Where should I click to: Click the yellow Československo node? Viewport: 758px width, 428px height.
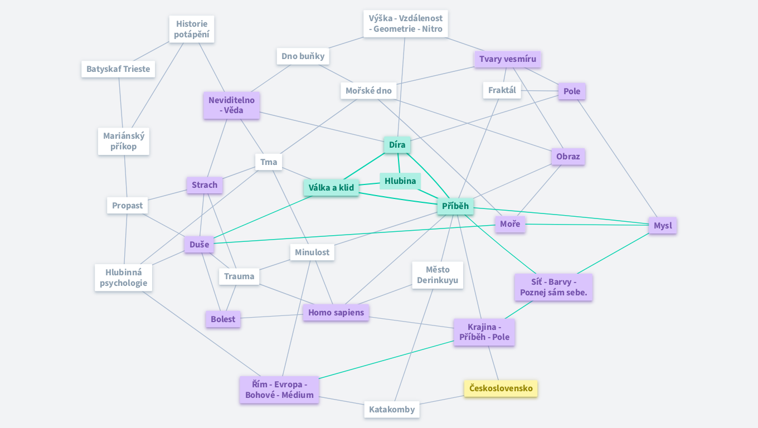pos(501,388)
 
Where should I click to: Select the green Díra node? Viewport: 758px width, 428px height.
pos(397,145)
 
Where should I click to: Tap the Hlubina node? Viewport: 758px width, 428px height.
pos(400,181)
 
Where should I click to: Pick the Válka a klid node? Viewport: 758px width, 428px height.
pos(331,188)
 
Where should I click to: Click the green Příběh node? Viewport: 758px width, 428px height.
pos(455,206)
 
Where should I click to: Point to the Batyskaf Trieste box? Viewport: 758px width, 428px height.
pos(118,70)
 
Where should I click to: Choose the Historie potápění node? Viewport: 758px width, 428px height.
pos(192,29)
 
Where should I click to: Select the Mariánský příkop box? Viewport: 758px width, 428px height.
pos(124,141)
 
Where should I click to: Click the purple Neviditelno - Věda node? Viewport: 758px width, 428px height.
pos(231,105)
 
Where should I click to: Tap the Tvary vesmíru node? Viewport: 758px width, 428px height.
pos(507,59)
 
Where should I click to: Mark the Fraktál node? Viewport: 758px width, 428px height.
pos(502,90)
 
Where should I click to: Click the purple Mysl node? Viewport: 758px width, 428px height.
pos(663,226)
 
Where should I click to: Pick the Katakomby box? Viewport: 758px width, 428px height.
pos(392,410)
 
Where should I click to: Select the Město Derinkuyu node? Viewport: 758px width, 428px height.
pos(438,275)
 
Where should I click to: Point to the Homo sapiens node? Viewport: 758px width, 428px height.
pos(336,313)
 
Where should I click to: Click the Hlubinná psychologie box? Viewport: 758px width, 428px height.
pos(124,278)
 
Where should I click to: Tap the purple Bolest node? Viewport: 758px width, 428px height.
pos(223,319)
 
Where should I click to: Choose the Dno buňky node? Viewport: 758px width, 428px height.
pos(303,56)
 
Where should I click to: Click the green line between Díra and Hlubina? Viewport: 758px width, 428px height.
pos(399,163)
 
